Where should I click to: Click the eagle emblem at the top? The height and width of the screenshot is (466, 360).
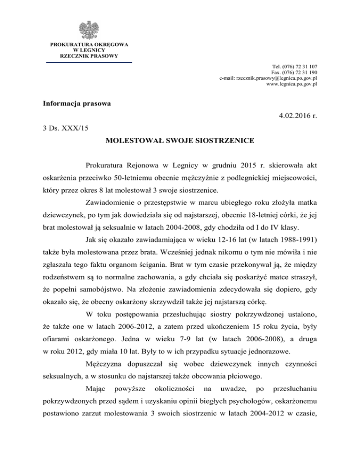point(89,30)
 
